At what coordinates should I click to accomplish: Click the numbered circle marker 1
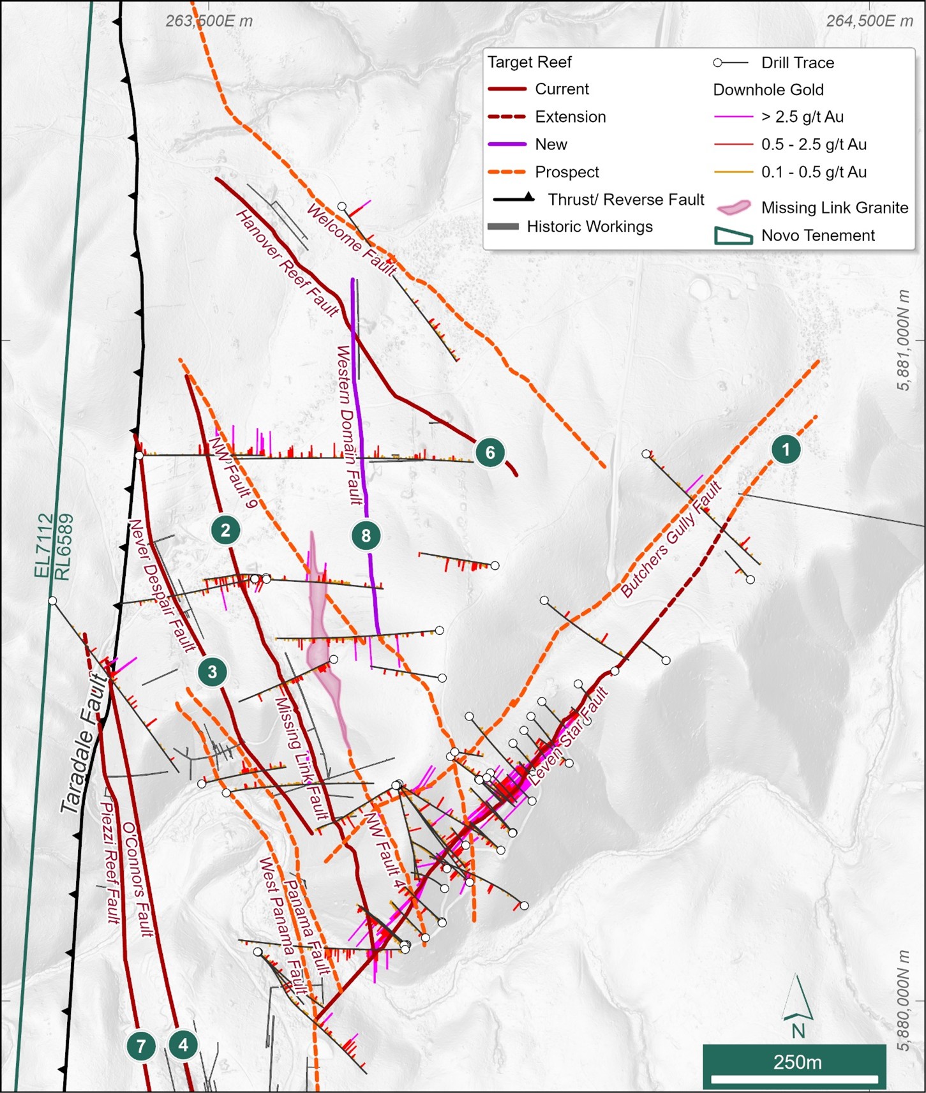click(x=786, y=449)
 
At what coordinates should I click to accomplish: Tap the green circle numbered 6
click(x=490, y=452)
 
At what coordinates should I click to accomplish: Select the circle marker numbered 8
click(x=366, y=535)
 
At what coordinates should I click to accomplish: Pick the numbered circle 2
click(x=225, y=530)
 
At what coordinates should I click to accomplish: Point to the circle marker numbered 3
click(x=212, y=671)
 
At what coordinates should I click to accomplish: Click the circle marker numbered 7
click(x=141, y=1045)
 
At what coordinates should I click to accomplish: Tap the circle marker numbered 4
click(x=184, y=1045)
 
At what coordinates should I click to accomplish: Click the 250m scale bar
click(x=794, y=1066)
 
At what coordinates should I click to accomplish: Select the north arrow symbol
click(x=797, y=1005)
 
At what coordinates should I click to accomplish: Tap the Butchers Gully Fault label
click(x=671, y=540)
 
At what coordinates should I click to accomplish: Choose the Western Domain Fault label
click(x=350, y=425)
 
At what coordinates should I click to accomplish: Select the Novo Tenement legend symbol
click(x=733, y=235)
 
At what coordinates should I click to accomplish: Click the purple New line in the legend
click(x=507, y=144)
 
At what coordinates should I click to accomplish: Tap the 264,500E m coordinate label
click(x=869, y=20)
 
